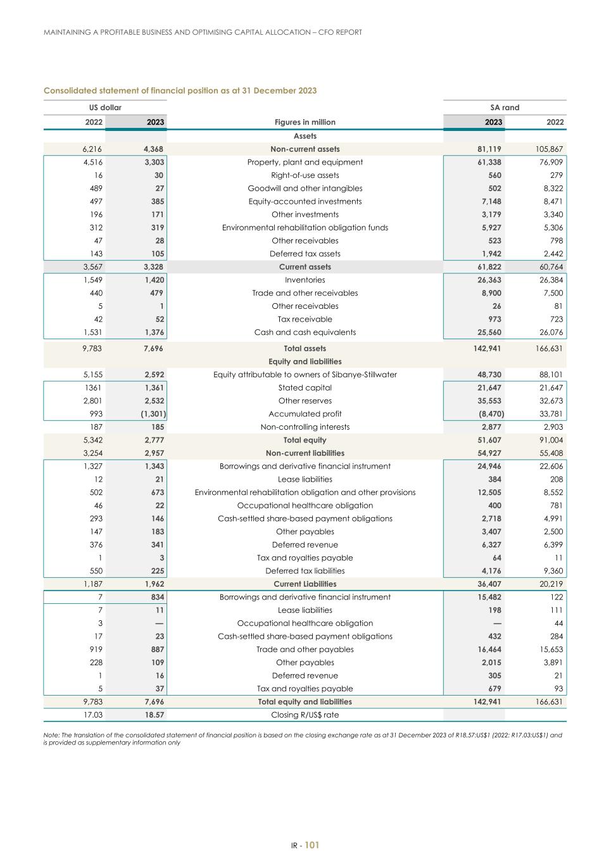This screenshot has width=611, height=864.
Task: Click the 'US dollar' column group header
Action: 105,108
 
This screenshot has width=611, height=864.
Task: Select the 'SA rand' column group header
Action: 505,108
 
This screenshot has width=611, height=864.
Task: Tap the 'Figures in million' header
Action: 305,122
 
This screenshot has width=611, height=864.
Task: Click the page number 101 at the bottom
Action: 312,845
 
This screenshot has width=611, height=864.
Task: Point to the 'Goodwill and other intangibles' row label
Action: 305,188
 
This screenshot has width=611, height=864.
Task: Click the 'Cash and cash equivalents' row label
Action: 305,332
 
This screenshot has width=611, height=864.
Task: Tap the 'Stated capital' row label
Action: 305,387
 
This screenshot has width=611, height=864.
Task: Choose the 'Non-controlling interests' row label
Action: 305,427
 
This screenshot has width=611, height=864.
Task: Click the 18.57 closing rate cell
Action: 154,715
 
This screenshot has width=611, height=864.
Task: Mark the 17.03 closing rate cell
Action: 93,715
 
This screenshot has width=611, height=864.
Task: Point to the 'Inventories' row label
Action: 305,280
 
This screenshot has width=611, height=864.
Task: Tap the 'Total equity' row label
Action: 305,440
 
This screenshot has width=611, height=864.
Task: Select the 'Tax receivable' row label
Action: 305,319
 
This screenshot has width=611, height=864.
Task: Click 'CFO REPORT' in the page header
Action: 340,32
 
